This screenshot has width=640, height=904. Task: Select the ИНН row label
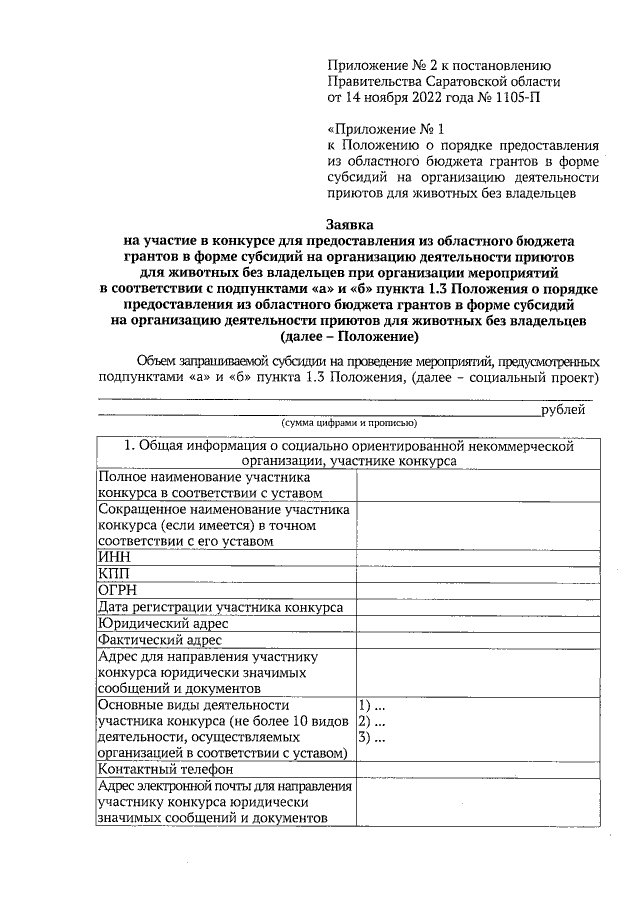[112, 557]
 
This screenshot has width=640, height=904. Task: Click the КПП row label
[113, 573]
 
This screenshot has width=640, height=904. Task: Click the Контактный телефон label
[165, 769]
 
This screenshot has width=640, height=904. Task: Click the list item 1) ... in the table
[372, 705]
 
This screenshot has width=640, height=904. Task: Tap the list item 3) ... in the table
[372, 737]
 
